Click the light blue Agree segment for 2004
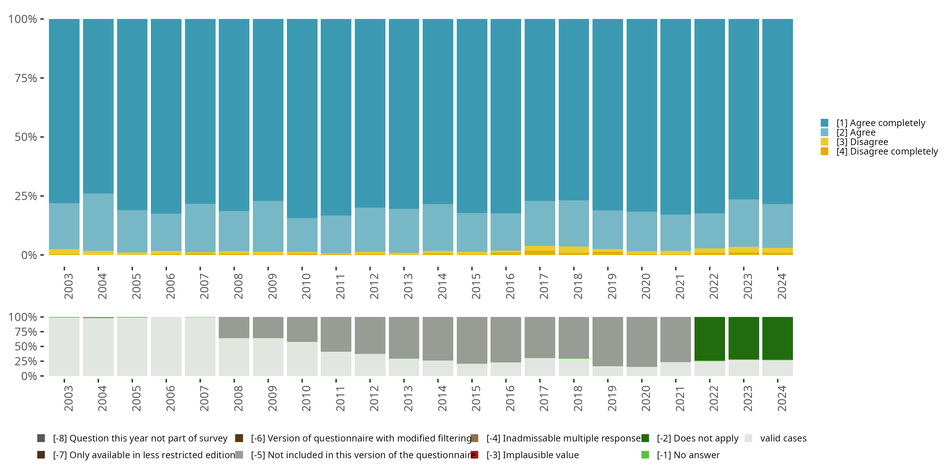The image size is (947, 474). (98, 222)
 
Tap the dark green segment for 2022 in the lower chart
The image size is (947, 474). (710, 338)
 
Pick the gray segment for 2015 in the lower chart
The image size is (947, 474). (472, 340)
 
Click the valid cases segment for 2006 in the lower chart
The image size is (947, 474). (166, 346)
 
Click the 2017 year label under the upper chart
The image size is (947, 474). (544, 286)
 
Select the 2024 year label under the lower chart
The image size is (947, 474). (782, 398)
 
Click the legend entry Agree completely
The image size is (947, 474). (881, 123)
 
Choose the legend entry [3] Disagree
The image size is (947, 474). (862, 142)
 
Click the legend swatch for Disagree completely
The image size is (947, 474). (825, 151)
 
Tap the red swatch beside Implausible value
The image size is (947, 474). (474, 455)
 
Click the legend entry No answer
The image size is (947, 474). (688, 455)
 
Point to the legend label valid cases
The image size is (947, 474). (783, 438)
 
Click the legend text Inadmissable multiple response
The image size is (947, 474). (563, 438)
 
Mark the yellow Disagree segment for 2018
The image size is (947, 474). (574, 250)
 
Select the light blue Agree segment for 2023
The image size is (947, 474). (744, 223)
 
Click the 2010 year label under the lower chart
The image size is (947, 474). (306, 398)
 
